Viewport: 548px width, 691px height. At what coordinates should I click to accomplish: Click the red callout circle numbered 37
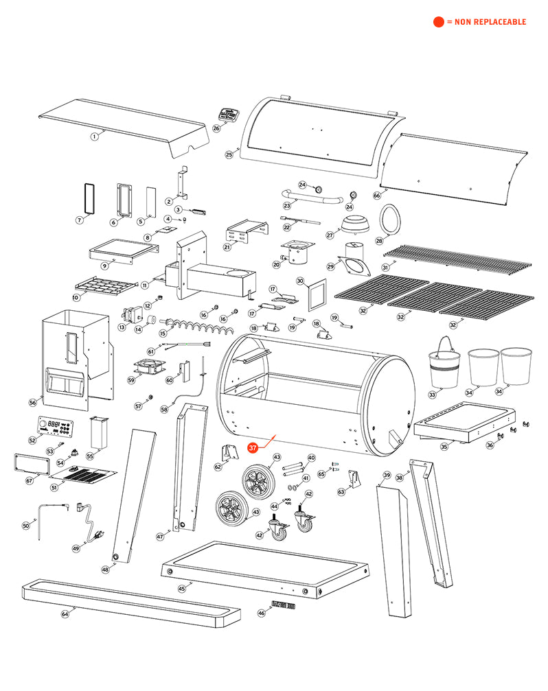pos(253,447)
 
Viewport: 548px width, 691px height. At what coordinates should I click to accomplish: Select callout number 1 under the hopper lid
pos(94,137)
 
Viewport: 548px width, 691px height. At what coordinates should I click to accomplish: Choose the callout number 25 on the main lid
pos(229,155)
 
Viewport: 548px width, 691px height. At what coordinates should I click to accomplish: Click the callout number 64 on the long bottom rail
pos(65,614)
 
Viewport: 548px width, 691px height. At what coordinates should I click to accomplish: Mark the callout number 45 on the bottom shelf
pos(181,588)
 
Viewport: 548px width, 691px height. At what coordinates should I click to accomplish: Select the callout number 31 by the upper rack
pos(385,267)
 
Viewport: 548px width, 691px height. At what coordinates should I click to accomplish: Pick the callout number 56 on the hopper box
pos(32,403)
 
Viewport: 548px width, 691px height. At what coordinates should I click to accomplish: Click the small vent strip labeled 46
pos(283,605)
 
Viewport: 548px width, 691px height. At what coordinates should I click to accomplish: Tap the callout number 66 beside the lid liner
pos(376,195)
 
